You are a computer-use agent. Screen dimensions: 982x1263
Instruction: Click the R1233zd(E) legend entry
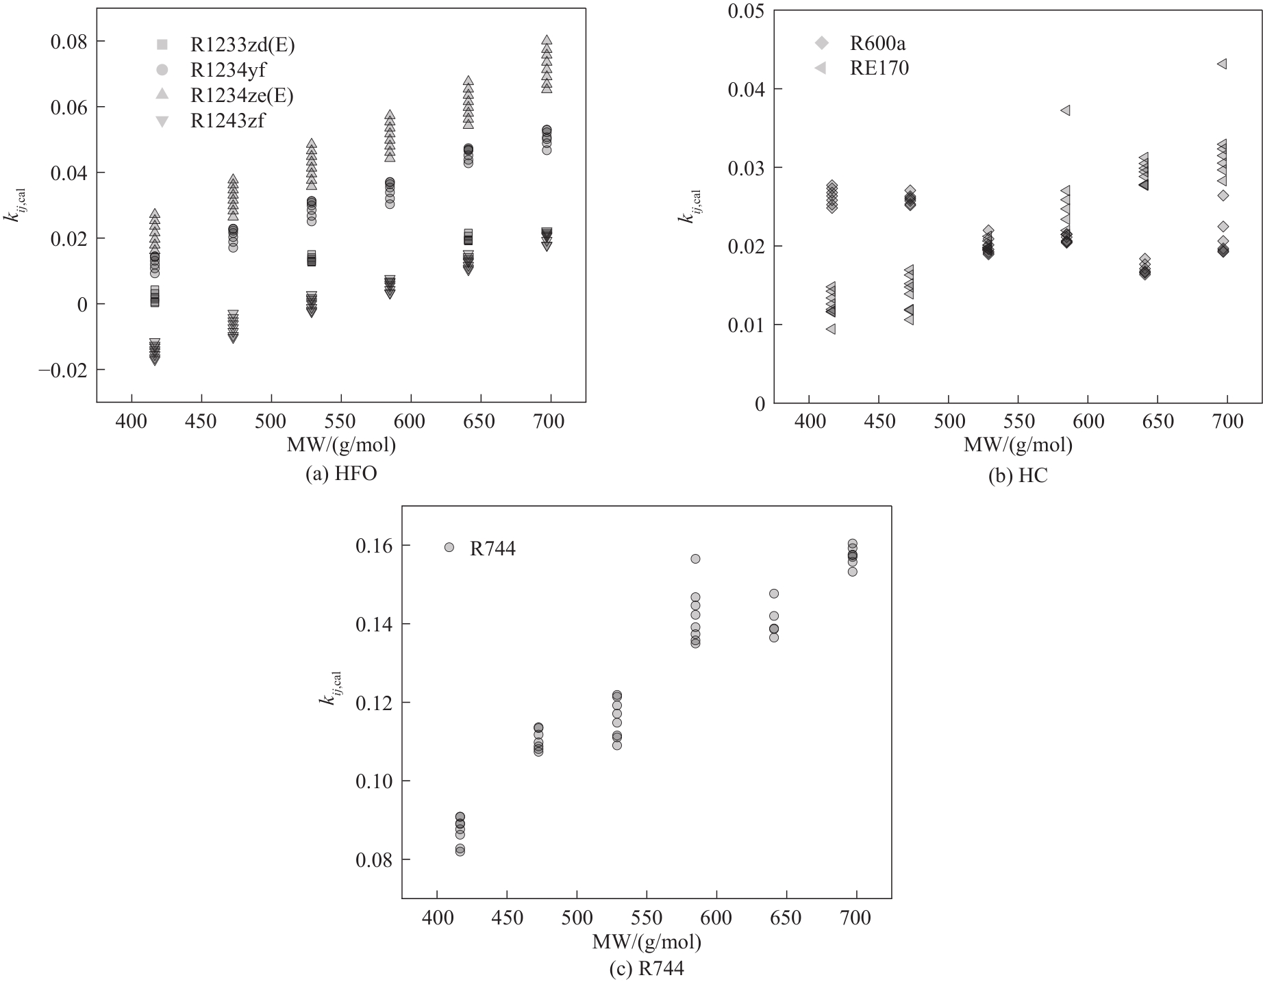coord(242,45)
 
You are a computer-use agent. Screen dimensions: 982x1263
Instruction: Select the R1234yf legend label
coord(227,71)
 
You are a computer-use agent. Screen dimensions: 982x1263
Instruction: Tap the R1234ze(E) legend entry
coord(241,95)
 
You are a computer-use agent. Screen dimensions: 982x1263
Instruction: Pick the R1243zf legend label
coord(227,121)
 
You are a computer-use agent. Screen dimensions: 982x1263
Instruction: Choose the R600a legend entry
coord(877,44)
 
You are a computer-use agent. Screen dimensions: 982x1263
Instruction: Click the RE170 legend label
coord(879,68)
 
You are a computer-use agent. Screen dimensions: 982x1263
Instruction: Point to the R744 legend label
coord(492,549)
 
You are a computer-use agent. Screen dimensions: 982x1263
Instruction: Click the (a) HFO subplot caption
coord(341,474)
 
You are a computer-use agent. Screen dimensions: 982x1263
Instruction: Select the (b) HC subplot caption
coord(1018,476)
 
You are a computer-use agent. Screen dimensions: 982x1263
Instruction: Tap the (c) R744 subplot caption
coord(647,969)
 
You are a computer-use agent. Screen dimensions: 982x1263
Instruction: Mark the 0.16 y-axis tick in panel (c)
coord(373,546)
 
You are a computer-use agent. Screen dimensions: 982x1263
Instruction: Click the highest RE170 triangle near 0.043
coord(1221,64)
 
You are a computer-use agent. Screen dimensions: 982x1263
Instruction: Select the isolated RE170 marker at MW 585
coord(1065,110)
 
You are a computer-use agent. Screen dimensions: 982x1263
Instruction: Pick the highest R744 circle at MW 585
coord(695,559)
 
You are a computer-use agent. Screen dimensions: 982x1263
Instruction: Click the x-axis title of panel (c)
coord(647,942)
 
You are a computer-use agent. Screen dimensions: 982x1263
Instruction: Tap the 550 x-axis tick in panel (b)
coord(1018,421)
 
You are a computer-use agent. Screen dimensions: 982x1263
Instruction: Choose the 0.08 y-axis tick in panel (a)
coord(69,42)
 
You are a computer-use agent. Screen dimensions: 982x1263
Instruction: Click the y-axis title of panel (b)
coord(686,206)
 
